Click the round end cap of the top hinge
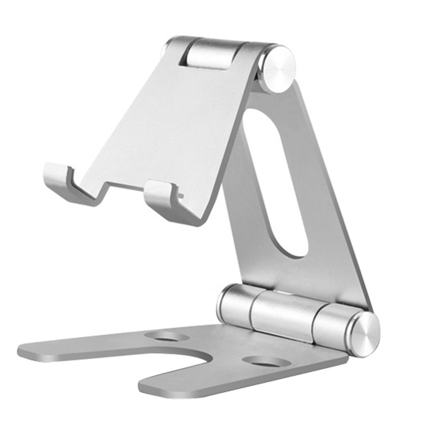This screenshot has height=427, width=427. pos(278,69)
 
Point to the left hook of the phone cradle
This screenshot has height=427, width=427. pos(58,176)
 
